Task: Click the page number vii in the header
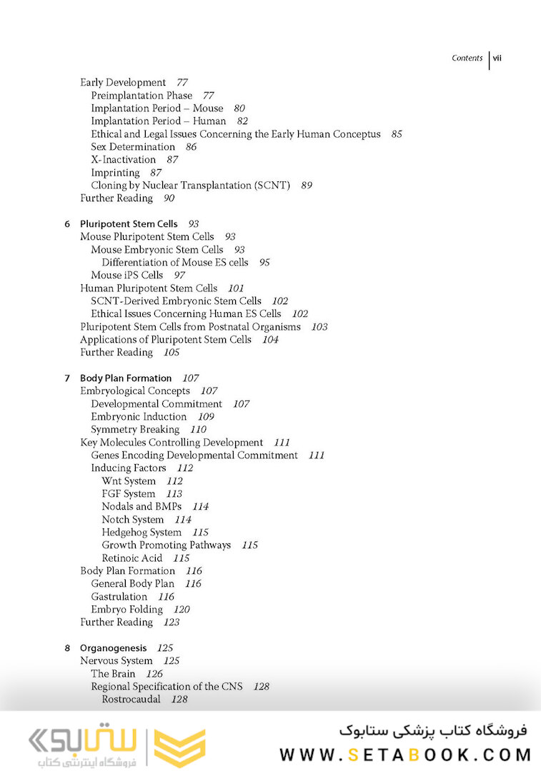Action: [x=497, y=59]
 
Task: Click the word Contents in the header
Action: [x=467, y=59]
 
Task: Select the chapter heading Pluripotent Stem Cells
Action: [x=129, y=224]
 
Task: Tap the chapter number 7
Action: [x=67, y=378]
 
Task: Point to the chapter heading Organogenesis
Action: [x=113, y=648]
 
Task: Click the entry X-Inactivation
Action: [x=123, y=160]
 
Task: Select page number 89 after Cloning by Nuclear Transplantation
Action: [x=307, y=186]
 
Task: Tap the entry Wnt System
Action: [x=129, y=481]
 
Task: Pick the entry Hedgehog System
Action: [x=142, y=533]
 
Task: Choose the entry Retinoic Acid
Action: [x=131, y=558]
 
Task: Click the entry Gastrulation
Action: [x=119, y=597]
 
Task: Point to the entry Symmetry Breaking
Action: [x=135, y=430]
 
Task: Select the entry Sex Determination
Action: [x=133, y=147]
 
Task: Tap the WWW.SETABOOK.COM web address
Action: [x=405, y=755]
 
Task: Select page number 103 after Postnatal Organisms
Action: [x=319, y=327]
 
